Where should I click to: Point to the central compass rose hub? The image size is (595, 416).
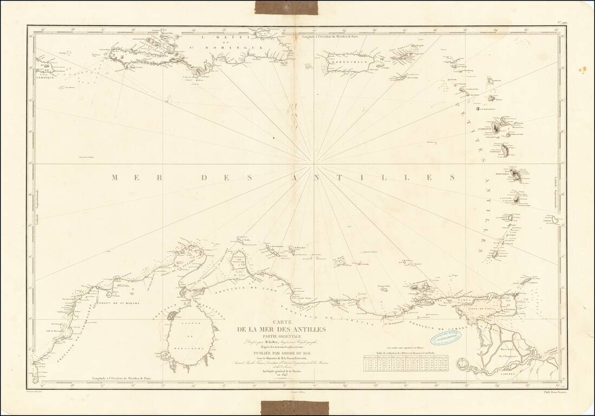313,162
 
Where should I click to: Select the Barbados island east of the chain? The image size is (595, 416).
554,220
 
